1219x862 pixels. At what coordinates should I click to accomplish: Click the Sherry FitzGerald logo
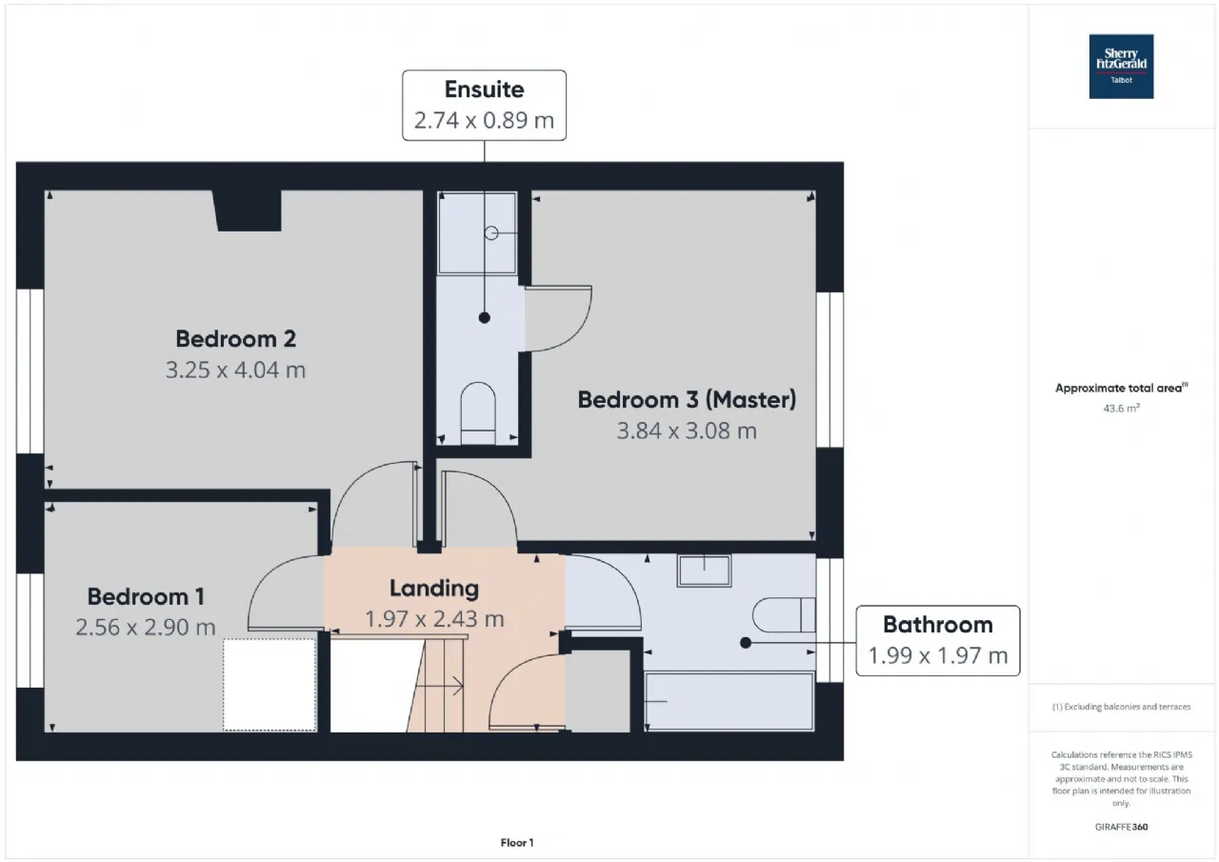1121,67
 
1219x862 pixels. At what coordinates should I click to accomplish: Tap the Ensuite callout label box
484,105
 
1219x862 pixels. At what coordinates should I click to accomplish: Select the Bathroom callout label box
938,640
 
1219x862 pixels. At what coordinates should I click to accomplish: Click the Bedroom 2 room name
235,339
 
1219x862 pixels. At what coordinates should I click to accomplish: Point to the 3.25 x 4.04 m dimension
235,371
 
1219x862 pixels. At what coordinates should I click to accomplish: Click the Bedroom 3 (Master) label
687,400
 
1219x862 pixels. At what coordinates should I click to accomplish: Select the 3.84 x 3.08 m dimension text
687,431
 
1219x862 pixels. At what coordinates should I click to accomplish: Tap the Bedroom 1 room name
146,597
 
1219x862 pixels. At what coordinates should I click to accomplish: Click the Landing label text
434,589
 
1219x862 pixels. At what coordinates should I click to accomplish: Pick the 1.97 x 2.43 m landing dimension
434,619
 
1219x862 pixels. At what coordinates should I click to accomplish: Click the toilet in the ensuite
478,412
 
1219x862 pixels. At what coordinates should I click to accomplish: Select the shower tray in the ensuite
477,232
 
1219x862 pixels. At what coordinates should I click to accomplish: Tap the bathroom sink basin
704,571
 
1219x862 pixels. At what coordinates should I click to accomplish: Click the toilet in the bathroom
784,615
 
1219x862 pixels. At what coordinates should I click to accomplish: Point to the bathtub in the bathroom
729,701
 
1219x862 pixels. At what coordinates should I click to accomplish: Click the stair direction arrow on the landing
440,687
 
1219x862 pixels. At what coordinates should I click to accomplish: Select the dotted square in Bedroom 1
270,685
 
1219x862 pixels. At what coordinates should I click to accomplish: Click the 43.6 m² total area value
1121,409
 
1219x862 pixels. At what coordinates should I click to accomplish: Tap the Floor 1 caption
517,843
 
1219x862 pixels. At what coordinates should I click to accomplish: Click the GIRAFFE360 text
1121,827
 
